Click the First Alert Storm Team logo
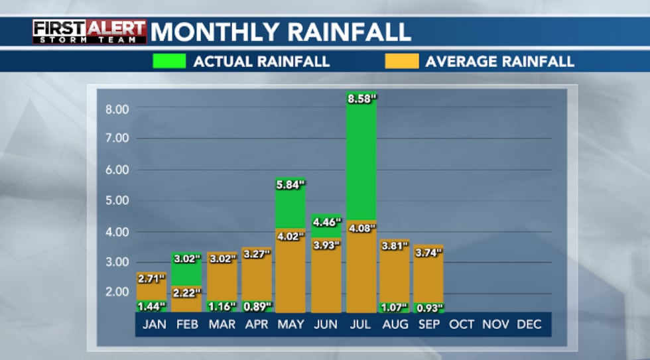point(90,32)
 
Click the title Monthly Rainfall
point(281,32)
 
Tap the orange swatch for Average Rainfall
point(401,62)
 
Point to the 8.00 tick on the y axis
point(117,108)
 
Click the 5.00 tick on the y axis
point(117,200)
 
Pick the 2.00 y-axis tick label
point(117,292)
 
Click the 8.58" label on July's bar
point(361,99)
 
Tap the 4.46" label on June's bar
point(326,222)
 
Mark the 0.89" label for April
point(257,307)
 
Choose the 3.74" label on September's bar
point(428,253)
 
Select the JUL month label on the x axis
point(361,325)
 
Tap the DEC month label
point(529,325)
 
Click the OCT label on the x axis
point(462,325)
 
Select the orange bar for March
point(222,282)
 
